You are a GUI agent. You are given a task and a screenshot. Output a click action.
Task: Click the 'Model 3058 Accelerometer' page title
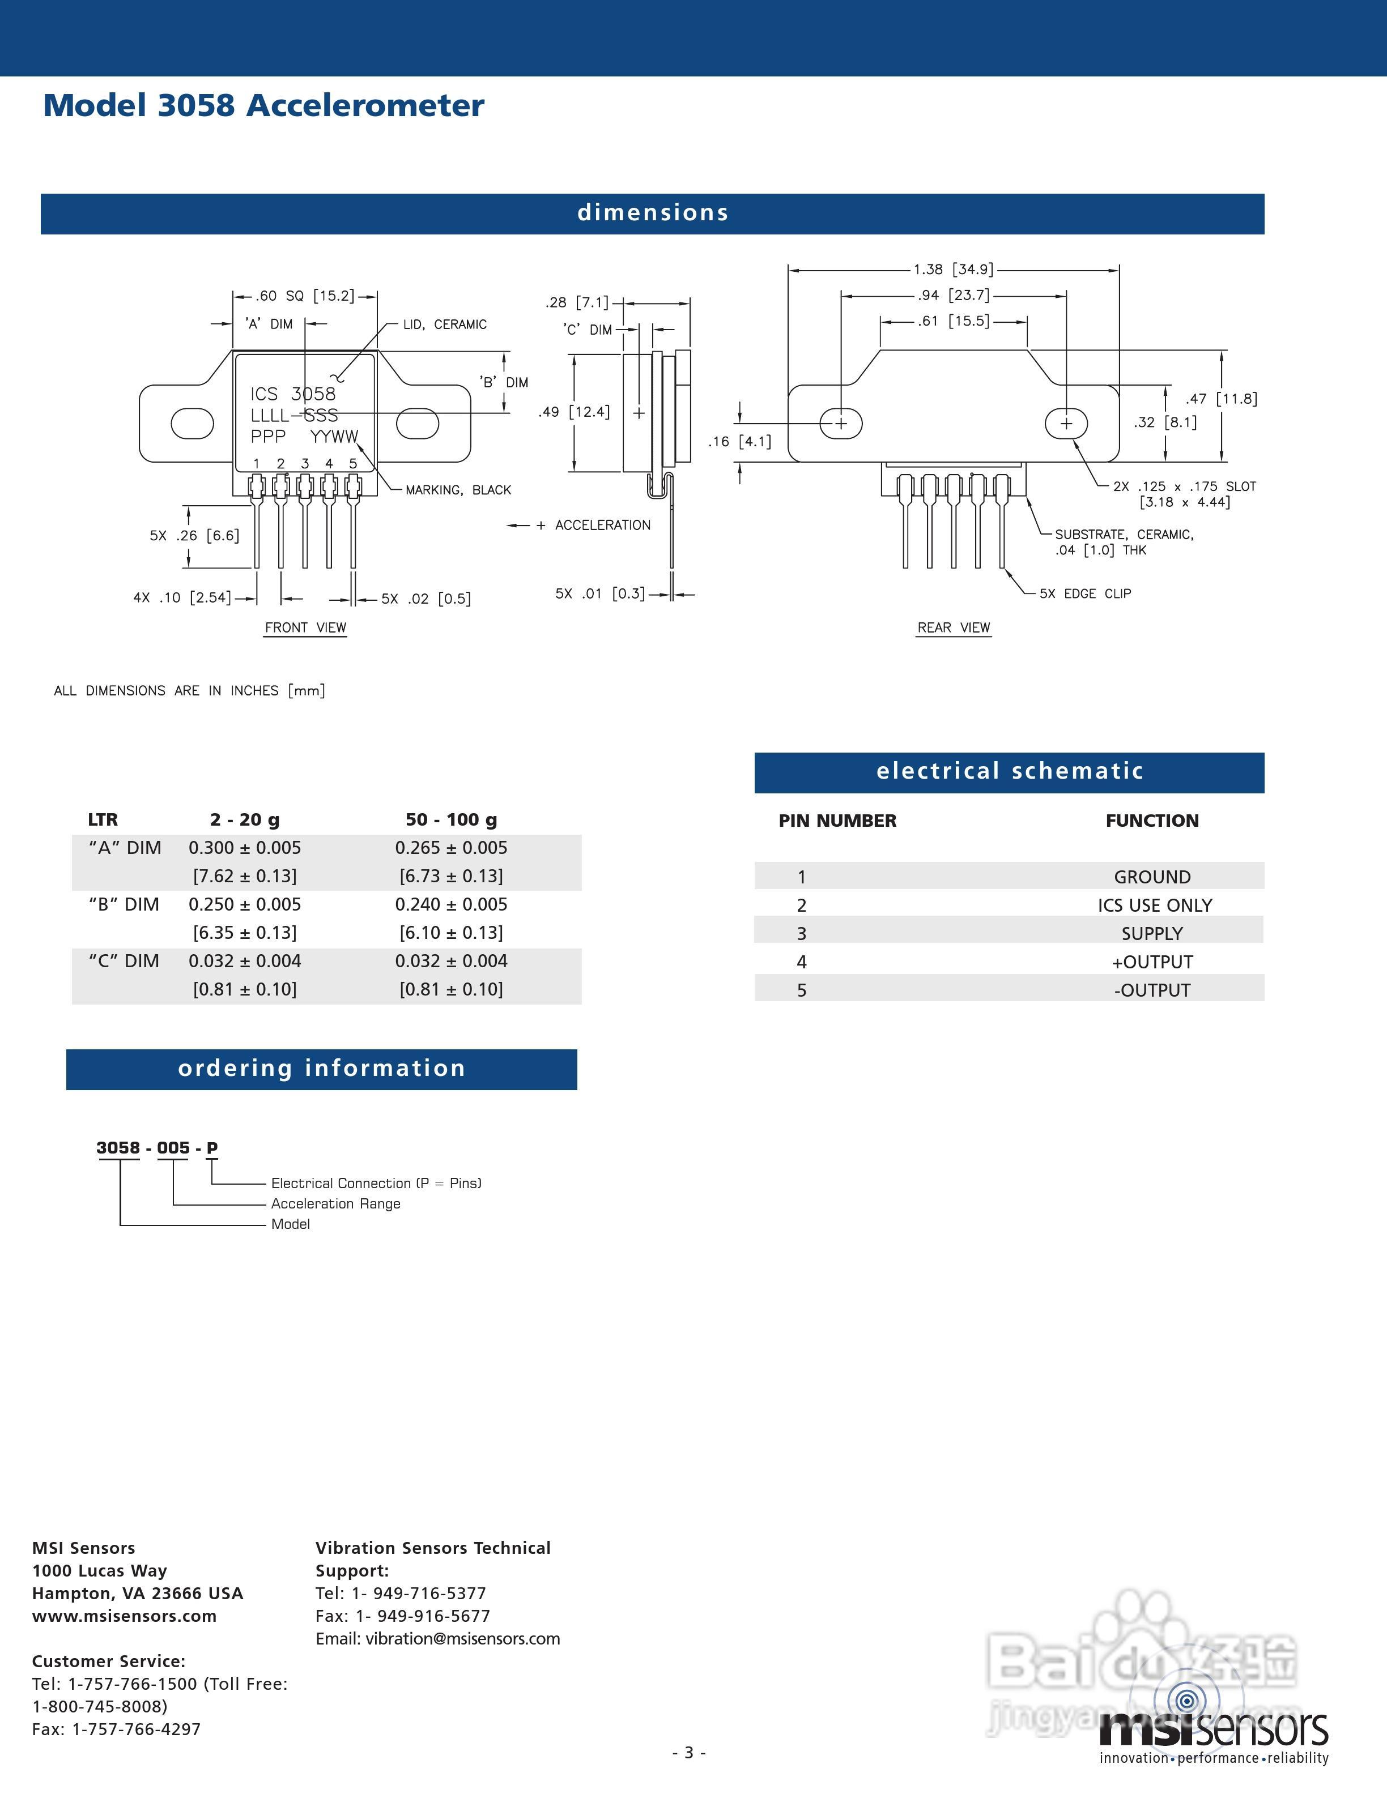(263, 106)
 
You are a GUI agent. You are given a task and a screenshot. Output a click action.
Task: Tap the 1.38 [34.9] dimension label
(953, 270)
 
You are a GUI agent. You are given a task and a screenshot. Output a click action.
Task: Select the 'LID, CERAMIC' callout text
(445, 324)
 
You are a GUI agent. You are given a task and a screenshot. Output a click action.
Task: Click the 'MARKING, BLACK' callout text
(458, 490)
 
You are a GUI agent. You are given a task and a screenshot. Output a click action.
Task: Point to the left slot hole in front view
(192, 423)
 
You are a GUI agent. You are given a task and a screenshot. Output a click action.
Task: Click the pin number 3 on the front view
(305, 463)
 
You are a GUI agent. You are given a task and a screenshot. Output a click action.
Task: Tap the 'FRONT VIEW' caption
(305, 627)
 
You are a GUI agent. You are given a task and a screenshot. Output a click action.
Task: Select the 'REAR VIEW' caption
(954, 627)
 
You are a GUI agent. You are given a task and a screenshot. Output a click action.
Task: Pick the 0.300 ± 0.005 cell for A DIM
(245, 848)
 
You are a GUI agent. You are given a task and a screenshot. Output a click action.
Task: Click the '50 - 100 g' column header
(451, 820)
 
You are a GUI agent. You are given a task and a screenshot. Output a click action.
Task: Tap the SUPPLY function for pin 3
(1152, 933)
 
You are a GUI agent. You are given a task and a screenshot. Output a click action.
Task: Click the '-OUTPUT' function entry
(1152, 990)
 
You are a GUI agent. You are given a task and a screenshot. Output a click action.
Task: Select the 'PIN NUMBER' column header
(837, 821)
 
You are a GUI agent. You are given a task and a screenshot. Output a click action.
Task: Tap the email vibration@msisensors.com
(462, 1639)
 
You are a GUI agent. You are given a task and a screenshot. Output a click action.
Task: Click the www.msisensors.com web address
(124, 1616)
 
